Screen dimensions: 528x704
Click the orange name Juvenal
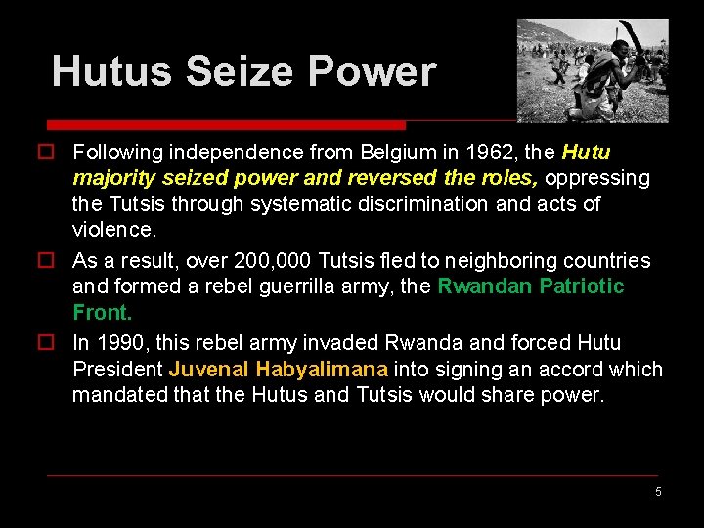[x=208, y=370]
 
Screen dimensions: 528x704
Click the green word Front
[x=102, y=313]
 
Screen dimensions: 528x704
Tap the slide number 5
[x=658, y=492]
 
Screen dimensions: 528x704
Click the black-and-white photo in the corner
[x=593, y=70]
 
